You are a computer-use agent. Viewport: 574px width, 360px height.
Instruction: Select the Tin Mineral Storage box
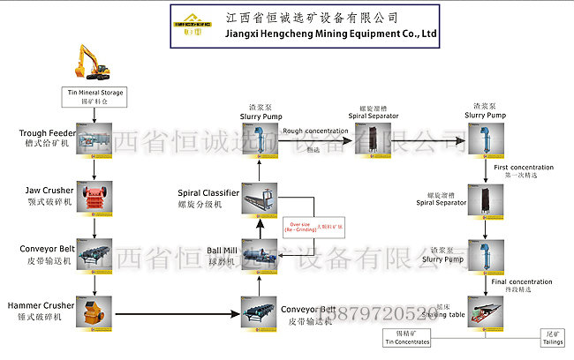tap(94, 95)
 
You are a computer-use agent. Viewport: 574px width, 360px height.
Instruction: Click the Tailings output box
tap(555, 340)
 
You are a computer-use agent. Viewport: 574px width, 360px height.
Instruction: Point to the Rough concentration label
tap(315, 131)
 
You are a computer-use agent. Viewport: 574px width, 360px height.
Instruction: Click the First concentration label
tap(524, 168)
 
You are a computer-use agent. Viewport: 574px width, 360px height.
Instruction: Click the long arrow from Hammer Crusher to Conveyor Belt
tap(177, 312)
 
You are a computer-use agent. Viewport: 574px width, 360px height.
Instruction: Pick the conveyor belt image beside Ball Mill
tap(259, 311)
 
